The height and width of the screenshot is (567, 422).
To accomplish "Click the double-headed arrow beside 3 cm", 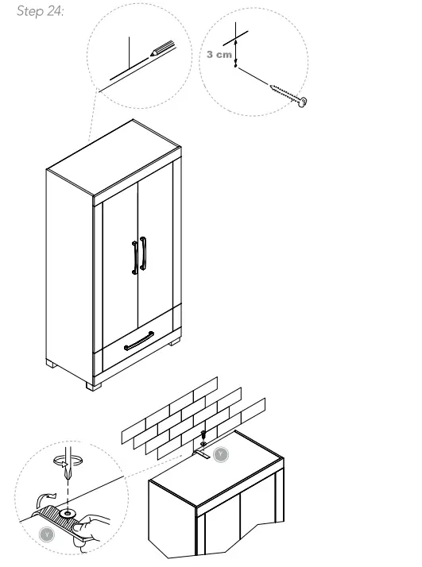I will click(236, 56).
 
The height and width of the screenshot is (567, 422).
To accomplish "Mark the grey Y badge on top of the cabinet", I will click(222, 455).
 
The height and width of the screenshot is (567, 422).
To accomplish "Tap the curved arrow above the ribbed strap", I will click(48, 499).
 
